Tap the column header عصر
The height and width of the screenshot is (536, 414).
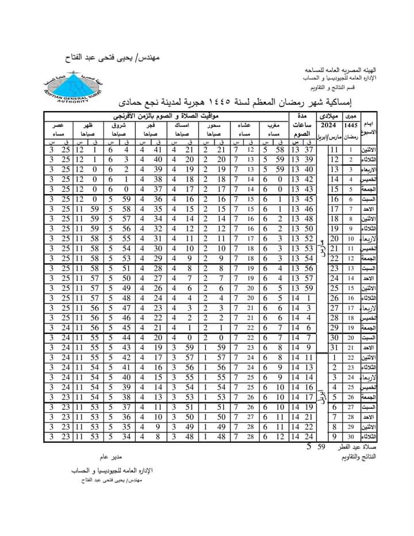point(59,125)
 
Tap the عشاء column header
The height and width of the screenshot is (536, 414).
point(246,125)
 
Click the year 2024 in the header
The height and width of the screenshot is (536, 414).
point(329,125)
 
